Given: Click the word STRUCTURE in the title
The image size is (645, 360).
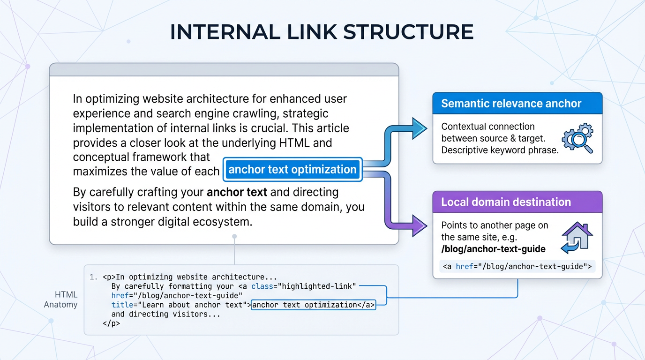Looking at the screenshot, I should (408, 32).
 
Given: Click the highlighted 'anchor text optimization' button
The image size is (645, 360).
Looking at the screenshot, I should (292, 169).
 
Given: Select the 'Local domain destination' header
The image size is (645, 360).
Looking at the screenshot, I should (506, 202).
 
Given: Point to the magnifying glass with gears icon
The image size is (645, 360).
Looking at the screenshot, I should (577, 138).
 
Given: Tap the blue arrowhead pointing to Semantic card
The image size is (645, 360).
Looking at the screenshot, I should (419, 128).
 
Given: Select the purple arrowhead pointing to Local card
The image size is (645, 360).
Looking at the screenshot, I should (419, 225).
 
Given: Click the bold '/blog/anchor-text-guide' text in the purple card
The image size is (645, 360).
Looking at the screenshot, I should (493, 248).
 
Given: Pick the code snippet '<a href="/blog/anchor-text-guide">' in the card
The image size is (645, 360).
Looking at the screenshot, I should (517, 267).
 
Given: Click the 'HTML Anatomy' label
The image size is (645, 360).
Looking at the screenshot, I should (60, 300).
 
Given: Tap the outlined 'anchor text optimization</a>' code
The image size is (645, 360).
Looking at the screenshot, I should (313, 305).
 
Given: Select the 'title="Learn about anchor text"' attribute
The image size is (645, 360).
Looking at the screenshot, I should (179, 305).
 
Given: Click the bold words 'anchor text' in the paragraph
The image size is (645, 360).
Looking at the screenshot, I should (237, 192).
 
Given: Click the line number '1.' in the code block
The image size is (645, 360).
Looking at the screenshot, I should (93, 277).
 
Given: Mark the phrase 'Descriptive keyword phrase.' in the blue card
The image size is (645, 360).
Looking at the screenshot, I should (500, 150).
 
